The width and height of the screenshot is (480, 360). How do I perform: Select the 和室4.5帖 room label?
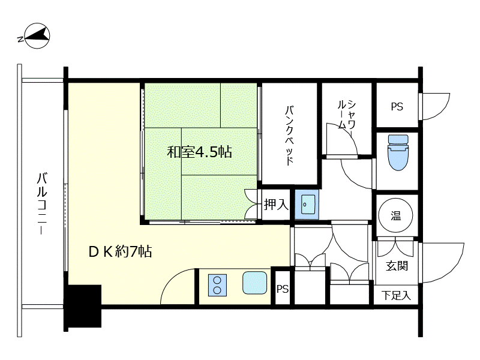point(199,152)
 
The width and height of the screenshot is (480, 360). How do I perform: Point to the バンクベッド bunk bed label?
point(290,136)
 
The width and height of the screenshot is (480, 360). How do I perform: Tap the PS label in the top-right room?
point(397,107)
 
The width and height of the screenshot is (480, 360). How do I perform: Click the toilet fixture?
point(397,153)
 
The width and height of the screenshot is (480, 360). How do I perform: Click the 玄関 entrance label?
point(397,265)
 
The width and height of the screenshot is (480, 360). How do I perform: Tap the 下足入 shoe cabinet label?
point(397,295)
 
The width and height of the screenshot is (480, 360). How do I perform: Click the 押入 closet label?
point(276,205)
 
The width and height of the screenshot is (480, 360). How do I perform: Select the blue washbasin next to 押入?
point(306,205)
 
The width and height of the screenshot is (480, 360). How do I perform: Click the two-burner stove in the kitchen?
point(217,284)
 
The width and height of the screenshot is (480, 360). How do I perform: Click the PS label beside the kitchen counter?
point(283,289)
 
